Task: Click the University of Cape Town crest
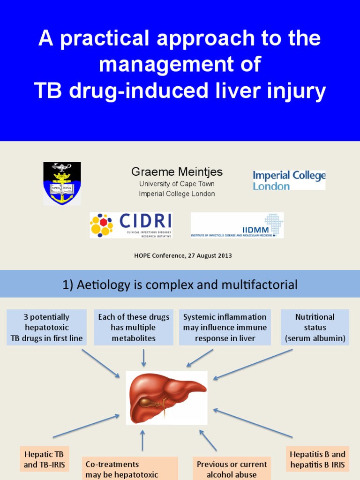pos(62,183)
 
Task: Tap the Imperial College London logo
pos(289,180)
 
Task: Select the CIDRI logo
pos(131,225)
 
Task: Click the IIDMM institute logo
pos(237,225)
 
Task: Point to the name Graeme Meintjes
pos(177,172)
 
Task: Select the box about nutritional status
pos(315,327)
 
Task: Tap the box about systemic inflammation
pos(225,327)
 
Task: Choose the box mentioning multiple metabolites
pos(134,327)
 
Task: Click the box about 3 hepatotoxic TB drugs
pos(46,327)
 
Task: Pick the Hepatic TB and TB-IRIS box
pos(45,459)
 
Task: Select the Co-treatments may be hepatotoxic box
pos(122,469)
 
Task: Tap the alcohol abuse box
pos(232,469)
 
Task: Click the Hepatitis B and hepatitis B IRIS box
pos(317,459)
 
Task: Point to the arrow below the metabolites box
pos(143,358)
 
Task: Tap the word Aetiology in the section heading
pos(104,285)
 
